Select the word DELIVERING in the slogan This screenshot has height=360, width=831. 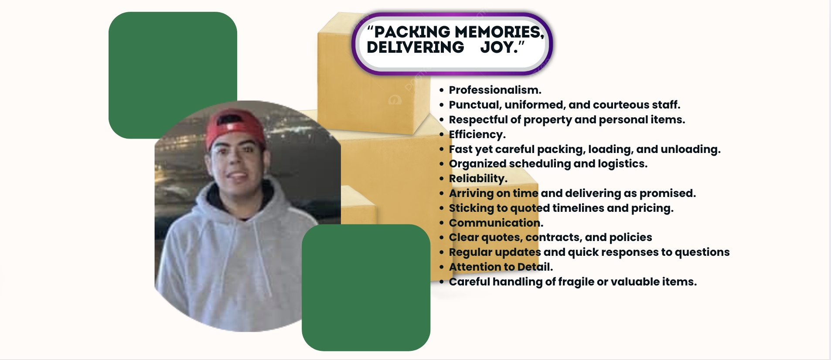[x=415, y=47]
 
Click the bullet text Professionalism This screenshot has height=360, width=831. [x=495, y=90]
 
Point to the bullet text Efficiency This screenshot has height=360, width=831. [x=477, y=134]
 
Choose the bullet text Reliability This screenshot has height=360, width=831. [x=478, y=178]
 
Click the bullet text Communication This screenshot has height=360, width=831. [x=496, y=223]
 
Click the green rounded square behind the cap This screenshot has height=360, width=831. [x=173, y=65]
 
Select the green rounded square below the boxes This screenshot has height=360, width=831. [x=366, y=288]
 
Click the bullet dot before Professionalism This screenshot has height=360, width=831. [x=442, y=90]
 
